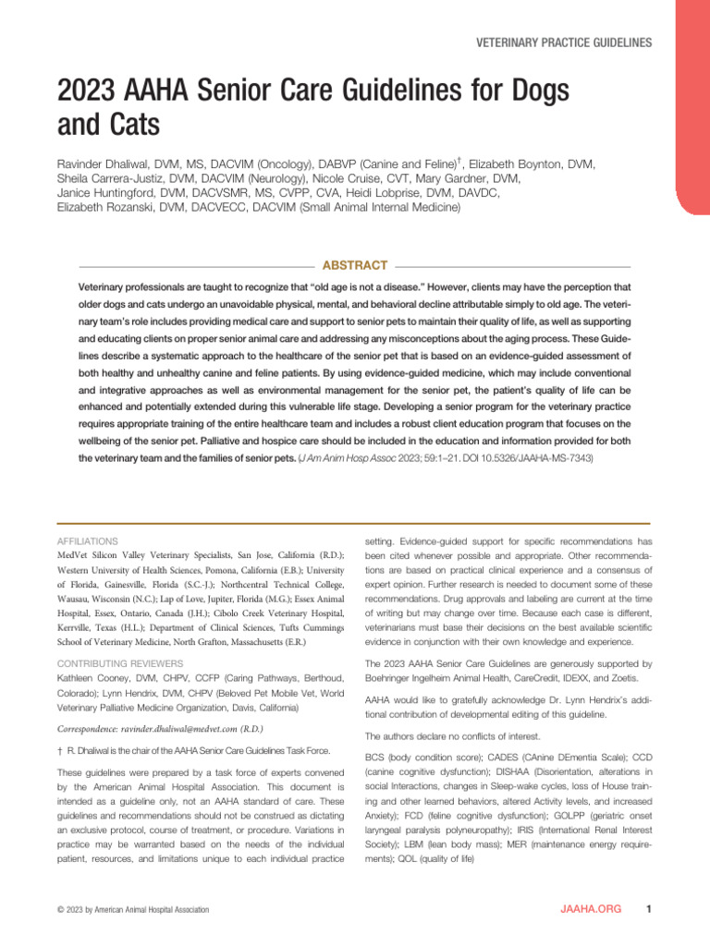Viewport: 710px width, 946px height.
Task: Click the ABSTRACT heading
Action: click(352, 265)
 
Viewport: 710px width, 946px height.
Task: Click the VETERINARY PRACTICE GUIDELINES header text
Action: click(564, 42)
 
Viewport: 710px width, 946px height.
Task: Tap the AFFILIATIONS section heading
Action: click(87, 540)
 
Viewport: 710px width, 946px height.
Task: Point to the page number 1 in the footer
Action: click(651, 909)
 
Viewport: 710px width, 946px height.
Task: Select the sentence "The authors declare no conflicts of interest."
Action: click(458, 736)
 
